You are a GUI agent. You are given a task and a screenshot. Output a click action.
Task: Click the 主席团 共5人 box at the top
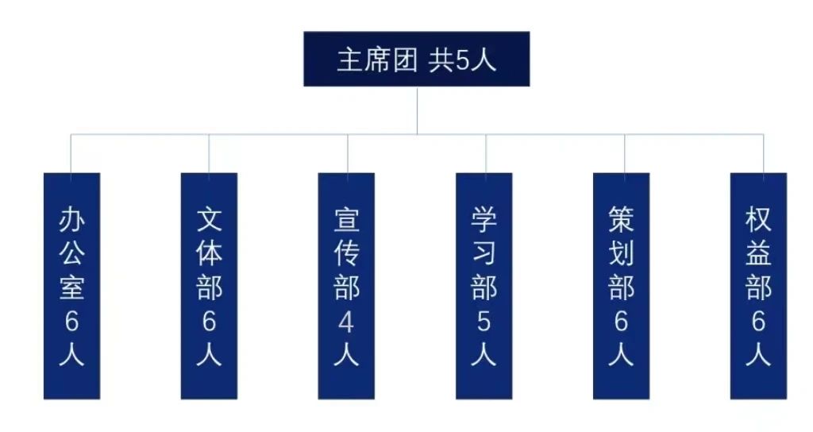pyautogui.click(x=416, y=60)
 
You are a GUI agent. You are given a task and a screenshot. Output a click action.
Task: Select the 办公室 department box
pyautogui.click(x=71, y=286)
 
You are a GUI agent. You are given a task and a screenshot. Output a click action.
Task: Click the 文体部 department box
pyautogui.click(x=209, y=286)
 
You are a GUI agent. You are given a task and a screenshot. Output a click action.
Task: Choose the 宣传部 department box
pyautogui.click(x=346, y=286)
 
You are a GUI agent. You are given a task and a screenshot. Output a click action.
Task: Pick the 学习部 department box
pyautogui.click(x=484, y=286)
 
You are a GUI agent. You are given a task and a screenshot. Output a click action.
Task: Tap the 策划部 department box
pyautogui.click(x=621, y=286)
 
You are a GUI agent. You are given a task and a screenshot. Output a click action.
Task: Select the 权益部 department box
pyautogui.click(x=758, y=286)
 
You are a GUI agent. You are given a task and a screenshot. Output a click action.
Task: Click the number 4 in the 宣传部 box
pyautogui.click(x=346, y=322)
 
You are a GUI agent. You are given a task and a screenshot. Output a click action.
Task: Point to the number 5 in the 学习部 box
pyautogui.click(x=484, y=322)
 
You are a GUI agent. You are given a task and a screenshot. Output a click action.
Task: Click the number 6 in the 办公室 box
pyautogui.click(x=71, y=322)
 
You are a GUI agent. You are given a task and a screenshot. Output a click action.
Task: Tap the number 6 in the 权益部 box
pyautogui.click(x=758, y=322)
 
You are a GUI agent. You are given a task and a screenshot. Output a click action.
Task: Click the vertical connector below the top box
pyautogui.click(x=417, y=110)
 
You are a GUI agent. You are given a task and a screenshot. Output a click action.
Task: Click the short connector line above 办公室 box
pyautogui.click(x=71, y=153)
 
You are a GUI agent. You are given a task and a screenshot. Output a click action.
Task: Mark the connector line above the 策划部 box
pyautogui.click(x=624, y=153)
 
